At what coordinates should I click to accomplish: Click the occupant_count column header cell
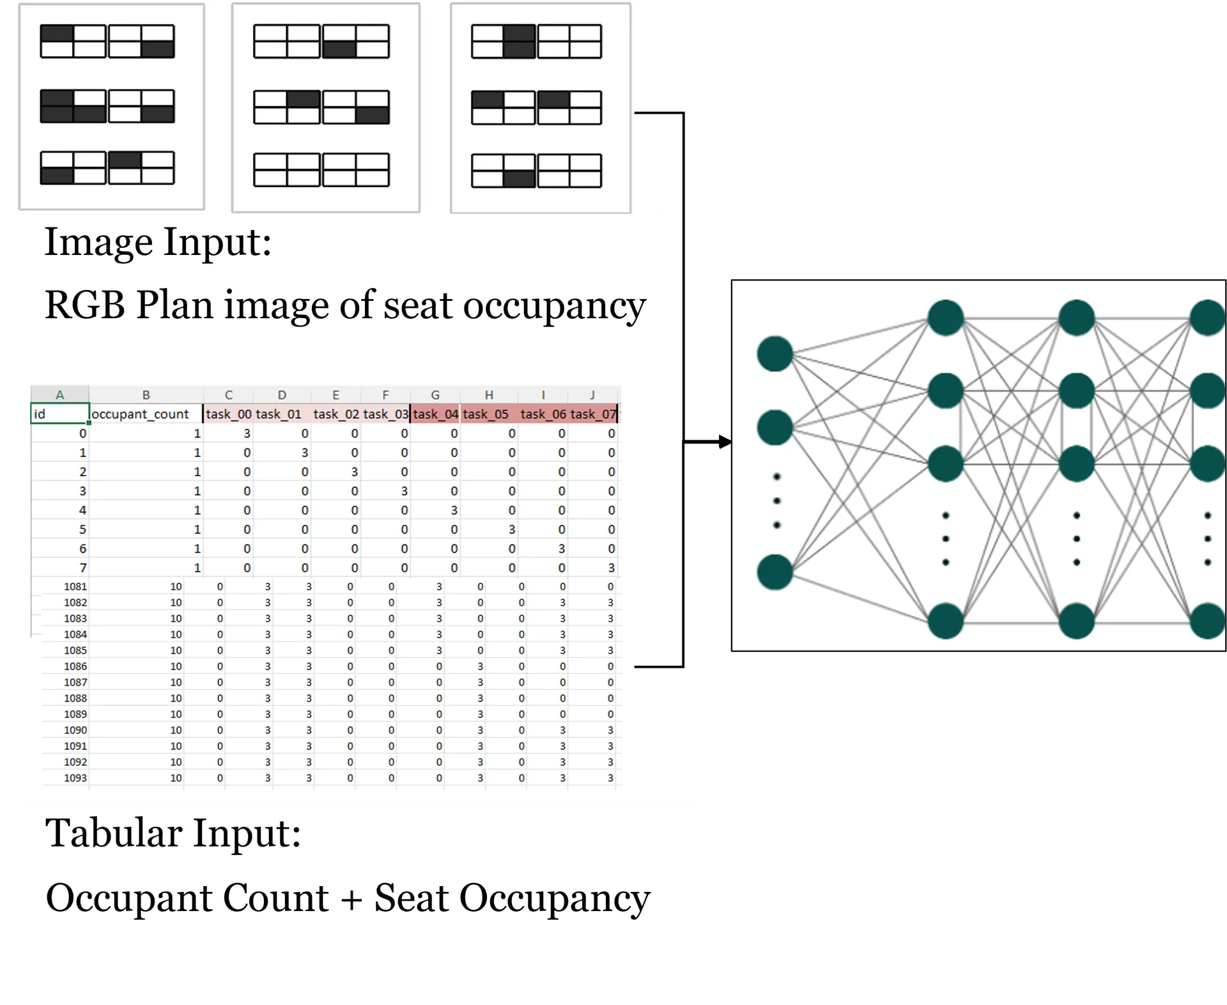click(x=140, y=414)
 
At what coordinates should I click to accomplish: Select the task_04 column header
click(x=435, y=414)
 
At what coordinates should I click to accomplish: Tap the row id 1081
click(x=75, y=587)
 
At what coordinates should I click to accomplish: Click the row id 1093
click(x=75, y=778)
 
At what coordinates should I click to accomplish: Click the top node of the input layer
click(x=775, y=353)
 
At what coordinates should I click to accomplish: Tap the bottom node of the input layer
click(x=775, y=572)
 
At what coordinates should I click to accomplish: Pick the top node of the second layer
click(x=945, y=318)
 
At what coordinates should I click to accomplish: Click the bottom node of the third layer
click(x=1076, y=620)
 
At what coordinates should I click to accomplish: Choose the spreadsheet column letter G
click(x=435, y=395)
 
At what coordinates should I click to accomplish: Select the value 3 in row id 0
click(x=247, y=434)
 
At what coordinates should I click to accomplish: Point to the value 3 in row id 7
click(x=611, y=568)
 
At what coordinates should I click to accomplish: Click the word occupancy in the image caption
click(x=554, y=306)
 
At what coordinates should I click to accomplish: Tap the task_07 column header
click(x=593, y=414)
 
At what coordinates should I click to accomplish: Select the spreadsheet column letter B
click(x=146, y=395)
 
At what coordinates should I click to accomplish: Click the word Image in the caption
click(x=98, y=242)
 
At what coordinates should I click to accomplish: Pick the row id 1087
click(x=75, y=682)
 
